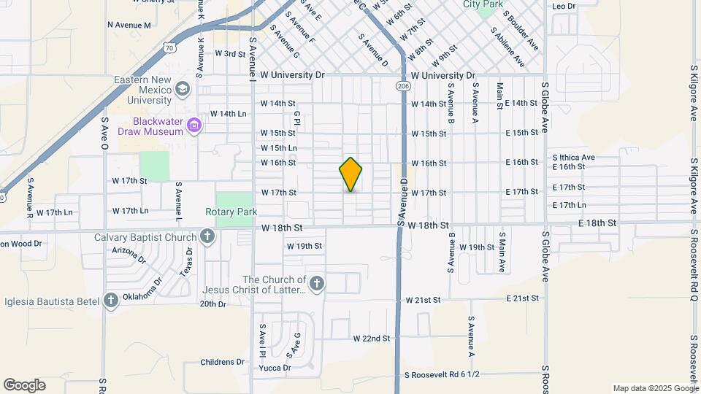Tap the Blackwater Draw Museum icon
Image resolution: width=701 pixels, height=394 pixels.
point(194,126)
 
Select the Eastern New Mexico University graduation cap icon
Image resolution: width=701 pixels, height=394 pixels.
point(182,89)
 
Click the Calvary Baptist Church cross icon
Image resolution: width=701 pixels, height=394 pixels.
point(207,236)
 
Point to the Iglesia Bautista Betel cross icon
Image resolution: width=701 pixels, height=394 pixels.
point(110,300)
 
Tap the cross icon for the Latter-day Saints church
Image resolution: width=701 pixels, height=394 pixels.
point(316,283)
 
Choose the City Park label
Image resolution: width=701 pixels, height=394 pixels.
point(483,4)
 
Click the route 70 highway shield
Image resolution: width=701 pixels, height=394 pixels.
point(169,48)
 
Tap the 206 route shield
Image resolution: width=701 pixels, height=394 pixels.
point(404,86)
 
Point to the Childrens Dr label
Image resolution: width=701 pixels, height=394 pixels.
point(222,362)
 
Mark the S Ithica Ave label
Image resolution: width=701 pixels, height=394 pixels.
point(574,157)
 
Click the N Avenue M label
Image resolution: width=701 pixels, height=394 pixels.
point(129,25)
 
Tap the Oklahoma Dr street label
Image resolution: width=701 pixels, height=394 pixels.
point(148,284)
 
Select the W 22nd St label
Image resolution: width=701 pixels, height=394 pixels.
point(372,339)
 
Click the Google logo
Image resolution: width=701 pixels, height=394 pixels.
point(24,385)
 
